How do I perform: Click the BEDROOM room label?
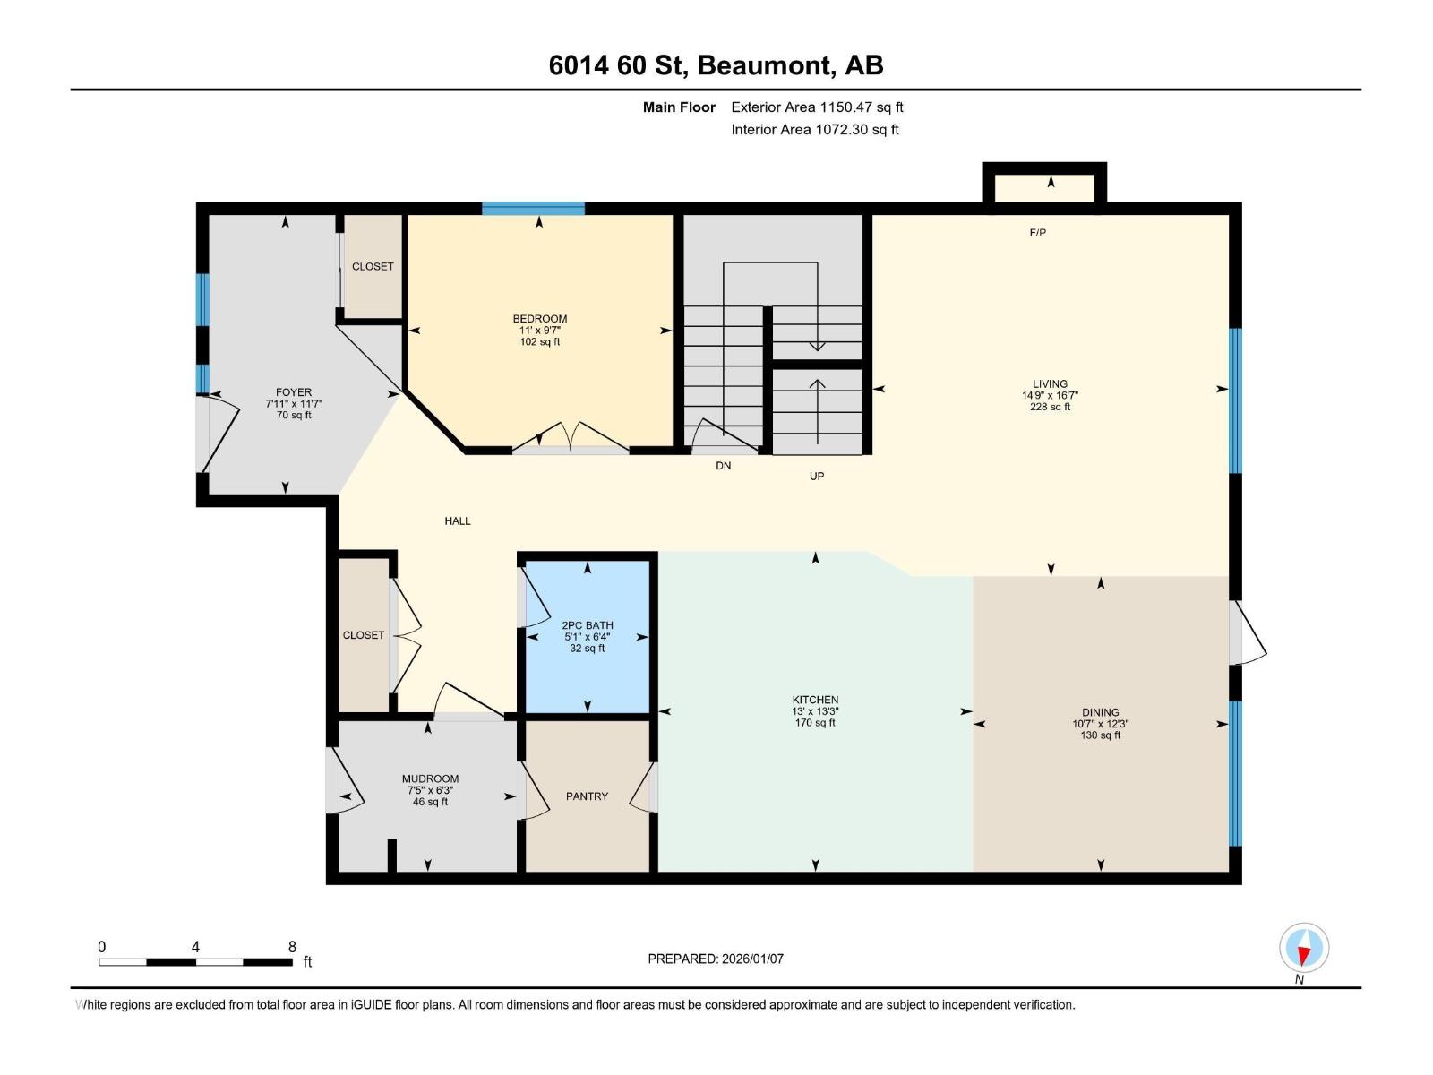(x=539, y=319)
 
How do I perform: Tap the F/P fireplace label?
(x=1037, y=233)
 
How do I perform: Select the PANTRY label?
(x=587, y=796)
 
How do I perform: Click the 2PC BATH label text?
(x=588, y=625)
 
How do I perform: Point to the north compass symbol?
(x=1304, y=948)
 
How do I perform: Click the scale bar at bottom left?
(x=195, y=962)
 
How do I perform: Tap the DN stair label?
(x=723, y=466)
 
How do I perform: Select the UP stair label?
(x=817, y=477)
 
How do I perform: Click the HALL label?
(x=458, y=521)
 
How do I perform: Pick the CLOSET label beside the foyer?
(x=373, y=267)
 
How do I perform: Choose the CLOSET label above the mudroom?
(x=364, y=635)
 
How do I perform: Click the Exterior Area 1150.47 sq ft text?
(x=817, y=107)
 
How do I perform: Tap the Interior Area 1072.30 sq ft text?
(x=814, y=130)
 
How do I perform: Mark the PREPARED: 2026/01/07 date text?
(x=716, y=959)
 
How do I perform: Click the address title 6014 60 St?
(x=716, y=65)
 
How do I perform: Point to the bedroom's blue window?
(x=533, y=209)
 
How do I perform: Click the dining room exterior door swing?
(x=1249, y=633)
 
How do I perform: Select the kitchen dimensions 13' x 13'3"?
(x=815, y=711)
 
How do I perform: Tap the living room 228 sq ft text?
(x=1050, y=407)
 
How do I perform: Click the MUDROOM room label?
(x=430, y=779)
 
